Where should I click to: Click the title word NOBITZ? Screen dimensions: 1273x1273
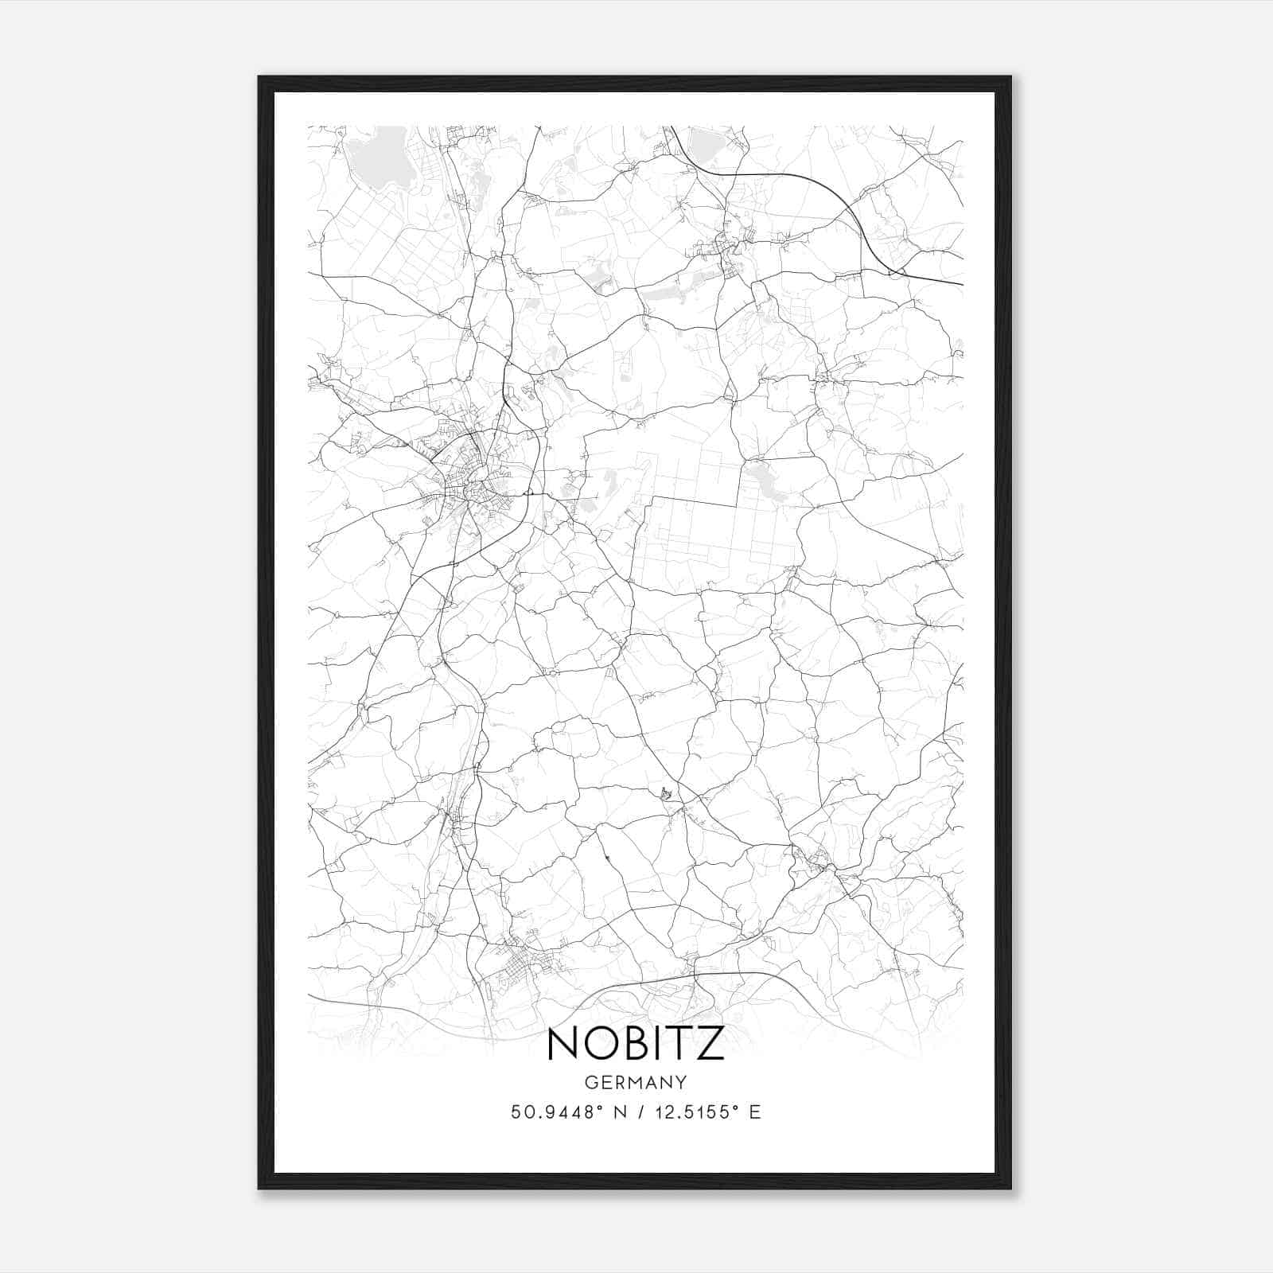(x=636, y=1043)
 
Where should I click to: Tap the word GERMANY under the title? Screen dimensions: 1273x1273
(x=636, y=1083)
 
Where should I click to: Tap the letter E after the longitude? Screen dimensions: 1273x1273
(x=754, y=1112)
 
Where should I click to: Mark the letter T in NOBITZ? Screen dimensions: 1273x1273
(x=683, y=1043)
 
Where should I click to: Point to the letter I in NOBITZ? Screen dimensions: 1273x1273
(x=663, y=1043)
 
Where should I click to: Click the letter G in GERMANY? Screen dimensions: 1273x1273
(x=590, y=1083)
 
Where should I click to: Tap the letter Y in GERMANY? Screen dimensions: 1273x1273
(x=682, y=1083)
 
